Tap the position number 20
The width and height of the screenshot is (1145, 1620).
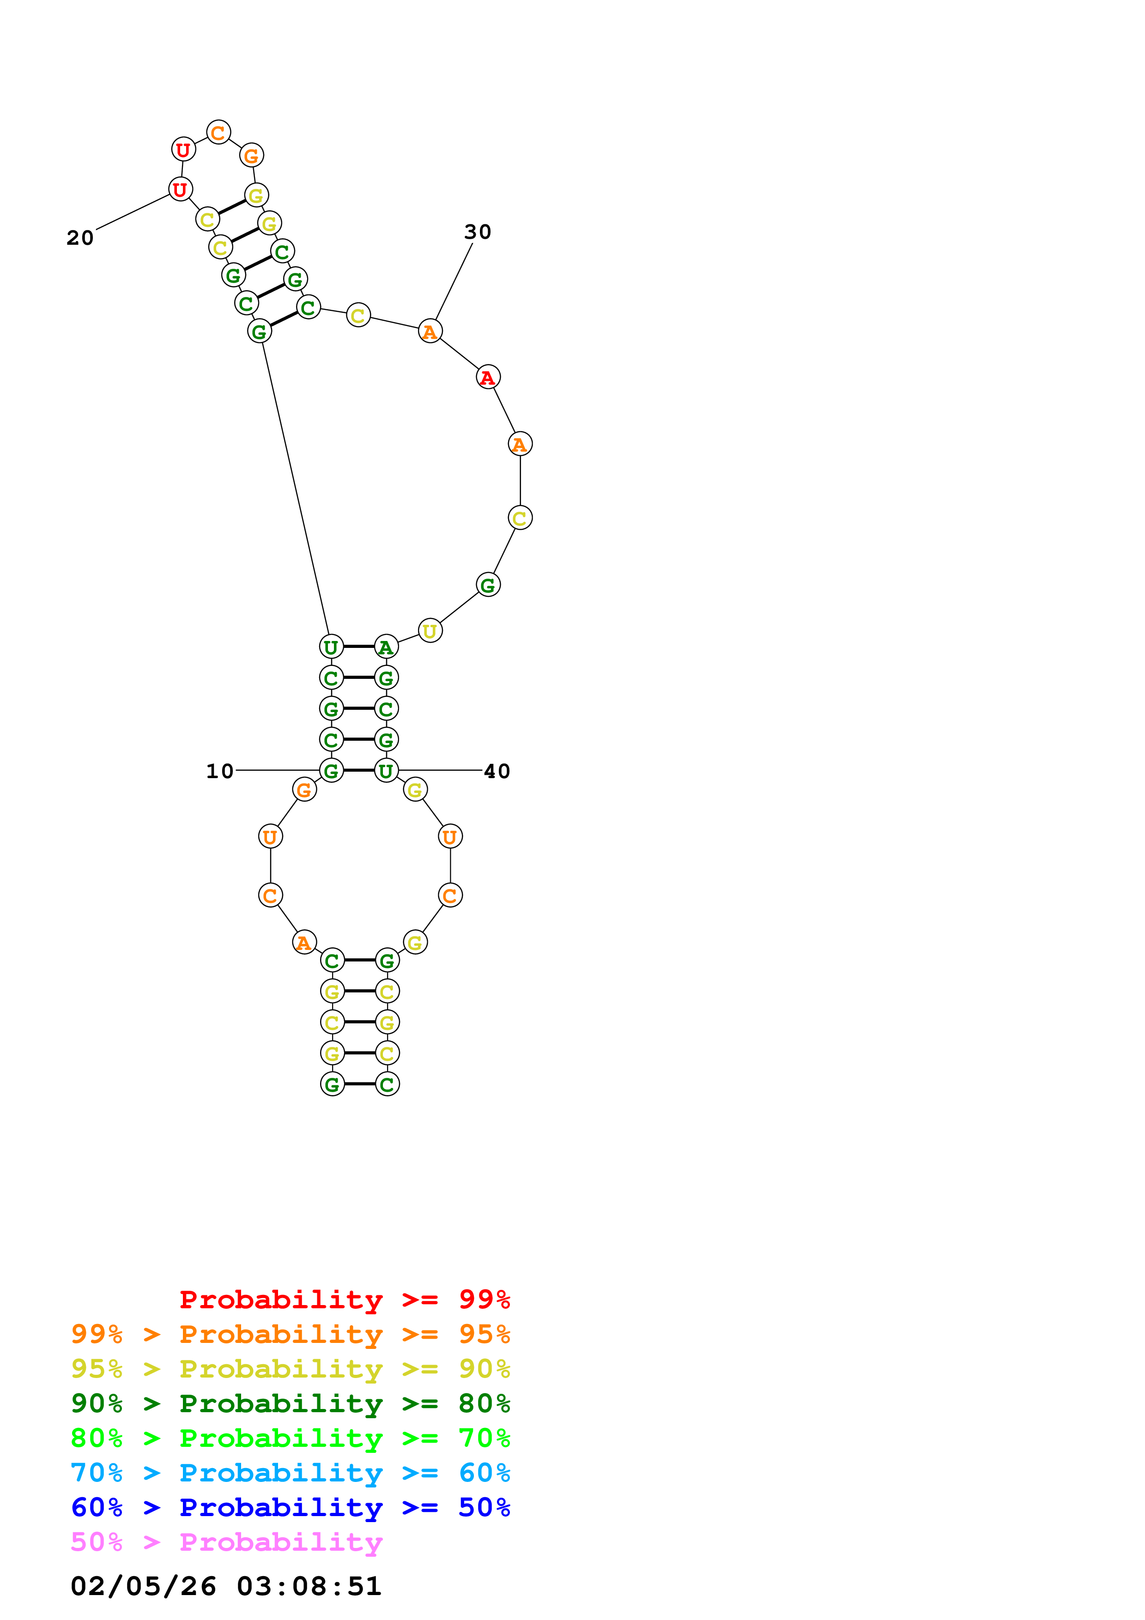[80, 238]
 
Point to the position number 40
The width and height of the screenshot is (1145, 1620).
[497, 771]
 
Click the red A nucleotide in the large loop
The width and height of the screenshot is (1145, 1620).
[487, 377]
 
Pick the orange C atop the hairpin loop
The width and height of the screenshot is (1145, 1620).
[218, 132]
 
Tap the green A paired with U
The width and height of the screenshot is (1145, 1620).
[386, 647]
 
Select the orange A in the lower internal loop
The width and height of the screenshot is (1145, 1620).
[304, 942]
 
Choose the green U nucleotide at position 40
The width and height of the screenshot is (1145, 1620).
[386, 770]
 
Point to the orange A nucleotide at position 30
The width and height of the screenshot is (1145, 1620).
[430, 331]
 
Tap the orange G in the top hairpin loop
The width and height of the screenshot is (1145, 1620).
[251, 155]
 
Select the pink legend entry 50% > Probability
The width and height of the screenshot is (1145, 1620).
[226, 1542]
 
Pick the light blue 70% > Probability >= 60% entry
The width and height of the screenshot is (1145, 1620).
[290, 1473]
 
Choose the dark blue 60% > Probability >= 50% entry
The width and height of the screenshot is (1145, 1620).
[290, 1508]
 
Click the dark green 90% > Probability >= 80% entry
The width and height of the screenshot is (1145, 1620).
[290, 1404]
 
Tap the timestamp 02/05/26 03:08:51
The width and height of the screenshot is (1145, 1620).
[226, 1587]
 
